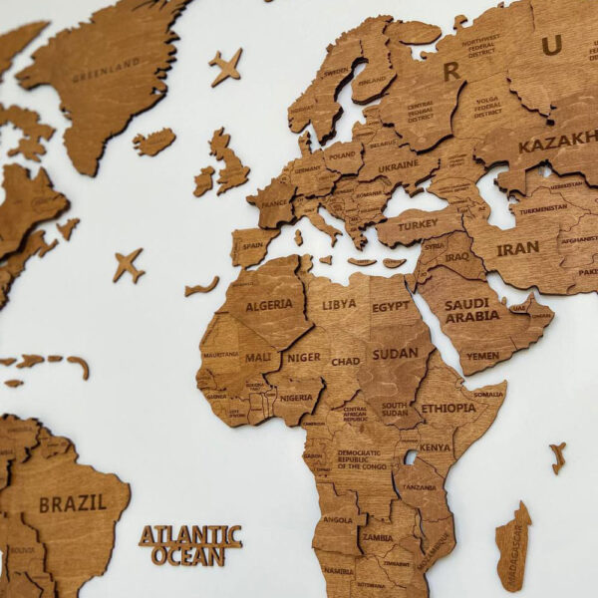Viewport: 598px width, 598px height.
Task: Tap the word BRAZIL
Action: [x=73, y=503]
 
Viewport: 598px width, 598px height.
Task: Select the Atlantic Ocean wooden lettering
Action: [x=190, y=545]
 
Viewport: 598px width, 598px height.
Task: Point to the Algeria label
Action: [x=269, y=305]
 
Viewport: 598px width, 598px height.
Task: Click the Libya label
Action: [x=339, y=303]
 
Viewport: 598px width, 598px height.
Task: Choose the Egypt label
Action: [x=391, y=307]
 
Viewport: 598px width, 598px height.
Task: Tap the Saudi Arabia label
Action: [x=472, y=310]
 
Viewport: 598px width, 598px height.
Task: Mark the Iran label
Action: [x=517, y=248]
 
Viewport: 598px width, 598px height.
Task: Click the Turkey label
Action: [x=419, y=225]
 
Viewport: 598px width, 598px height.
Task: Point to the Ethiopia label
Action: [x=448, y=408]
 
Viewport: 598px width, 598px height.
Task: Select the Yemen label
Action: [x=482, y=355]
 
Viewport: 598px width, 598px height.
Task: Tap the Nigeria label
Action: [x=297, y=396]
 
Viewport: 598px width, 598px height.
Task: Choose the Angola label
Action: [x=338, y=518]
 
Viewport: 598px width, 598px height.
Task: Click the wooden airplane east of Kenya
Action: [x=557, y=456]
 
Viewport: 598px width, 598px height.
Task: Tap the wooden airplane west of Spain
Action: [x=128, y=265]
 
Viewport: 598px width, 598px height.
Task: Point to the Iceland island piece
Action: [x=153, y=142]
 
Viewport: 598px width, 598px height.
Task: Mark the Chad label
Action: [x=346, y=361]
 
